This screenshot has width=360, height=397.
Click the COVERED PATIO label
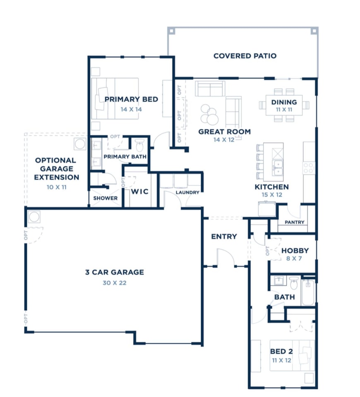[245, 56]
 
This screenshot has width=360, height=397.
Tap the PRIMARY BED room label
[131, 99]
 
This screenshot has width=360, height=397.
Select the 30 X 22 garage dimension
[114, 283]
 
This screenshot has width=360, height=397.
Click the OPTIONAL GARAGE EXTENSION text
[56, 169]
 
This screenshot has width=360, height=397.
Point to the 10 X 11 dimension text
[56, 187]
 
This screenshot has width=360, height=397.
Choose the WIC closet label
[139, 192]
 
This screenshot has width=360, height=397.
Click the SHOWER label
[105, 198]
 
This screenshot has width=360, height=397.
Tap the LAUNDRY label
[187, 192]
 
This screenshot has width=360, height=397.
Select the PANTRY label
[294, 222]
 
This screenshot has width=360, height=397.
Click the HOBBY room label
[295, 251]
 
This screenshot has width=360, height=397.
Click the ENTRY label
[224, 237]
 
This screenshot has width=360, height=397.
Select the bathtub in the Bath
[308, 292]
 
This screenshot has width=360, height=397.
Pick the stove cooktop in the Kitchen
[309, 167]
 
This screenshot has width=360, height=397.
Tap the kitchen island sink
[277, 167]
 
